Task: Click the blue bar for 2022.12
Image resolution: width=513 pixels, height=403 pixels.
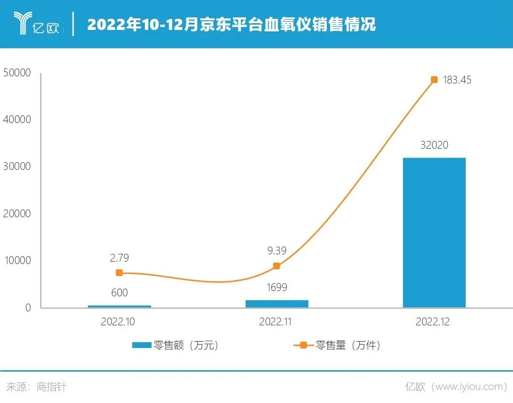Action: coord(434,232)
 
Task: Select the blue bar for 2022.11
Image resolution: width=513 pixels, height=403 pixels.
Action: coord(277,304)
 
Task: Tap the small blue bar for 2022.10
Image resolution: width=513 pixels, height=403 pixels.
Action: coord(119,306)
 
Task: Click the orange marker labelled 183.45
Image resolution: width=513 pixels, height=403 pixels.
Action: coord(434,80)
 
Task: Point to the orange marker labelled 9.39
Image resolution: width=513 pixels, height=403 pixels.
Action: coord(277,266)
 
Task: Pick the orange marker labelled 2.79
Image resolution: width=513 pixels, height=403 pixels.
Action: coord(119,273)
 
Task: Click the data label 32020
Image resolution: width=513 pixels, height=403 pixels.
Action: coord(434,145)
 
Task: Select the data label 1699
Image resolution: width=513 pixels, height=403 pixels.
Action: coord(277,288)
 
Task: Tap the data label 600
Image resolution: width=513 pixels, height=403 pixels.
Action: coord(119,293)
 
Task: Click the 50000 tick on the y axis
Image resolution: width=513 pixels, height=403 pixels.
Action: coord(16,73)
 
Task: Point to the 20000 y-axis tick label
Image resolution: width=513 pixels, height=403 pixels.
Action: coord(16,213)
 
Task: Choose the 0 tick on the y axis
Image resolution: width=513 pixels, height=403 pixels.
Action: coord(28,307)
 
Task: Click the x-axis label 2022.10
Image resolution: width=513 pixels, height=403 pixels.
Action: coord(118,322)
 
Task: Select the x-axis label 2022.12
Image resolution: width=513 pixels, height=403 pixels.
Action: coord(432,322)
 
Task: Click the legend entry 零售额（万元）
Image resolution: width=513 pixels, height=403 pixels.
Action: coord(176,346)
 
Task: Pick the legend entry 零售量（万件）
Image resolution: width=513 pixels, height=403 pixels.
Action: coord(338,346)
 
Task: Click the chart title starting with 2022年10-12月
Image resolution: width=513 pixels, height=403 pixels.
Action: coord(231,24)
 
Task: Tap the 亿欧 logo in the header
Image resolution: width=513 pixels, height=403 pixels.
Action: coord(37,24)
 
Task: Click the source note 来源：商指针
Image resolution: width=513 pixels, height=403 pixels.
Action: coord(37,387)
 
